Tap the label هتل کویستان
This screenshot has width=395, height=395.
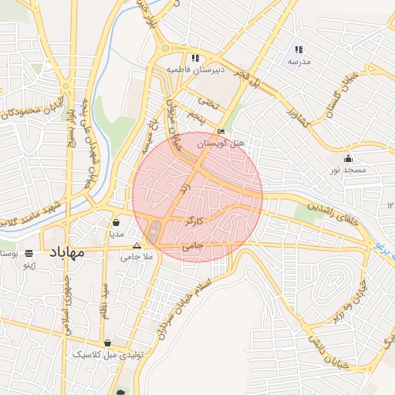221,143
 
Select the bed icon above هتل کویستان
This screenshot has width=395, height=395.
221,132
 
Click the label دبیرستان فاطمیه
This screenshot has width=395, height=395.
196,69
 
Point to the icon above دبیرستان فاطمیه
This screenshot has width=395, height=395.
195,58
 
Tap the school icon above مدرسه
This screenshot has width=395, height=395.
298,49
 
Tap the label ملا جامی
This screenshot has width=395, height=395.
139,256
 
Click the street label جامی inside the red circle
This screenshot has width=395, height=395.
193,247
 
